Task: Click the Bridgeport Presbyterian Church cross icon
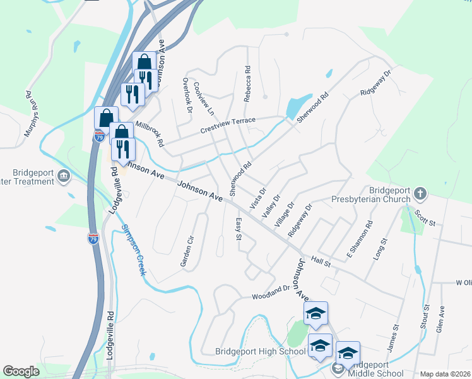[x=420, y=193]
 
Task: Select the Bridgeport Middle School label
[x=376, y=369]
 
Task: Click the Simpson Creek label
[x=133, y=250]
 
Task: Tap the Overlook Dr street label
[x=187, y=95]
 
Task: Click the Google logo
[x=21, y=371]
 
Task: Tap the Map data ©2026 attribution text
[x=445, y=374]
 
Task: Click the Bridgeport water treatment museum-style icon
[x=64, y=176]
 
